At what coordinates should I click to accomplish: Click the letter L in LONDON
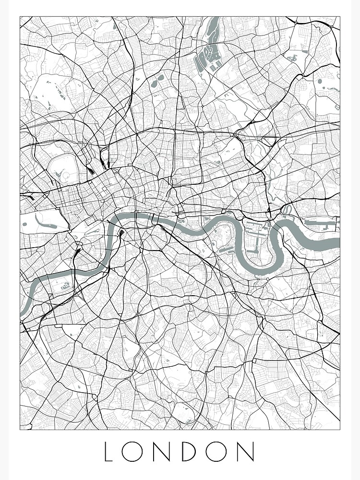pos(109,452)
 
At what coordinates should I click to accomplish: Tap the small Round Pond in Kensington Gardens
pos(25,223)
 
